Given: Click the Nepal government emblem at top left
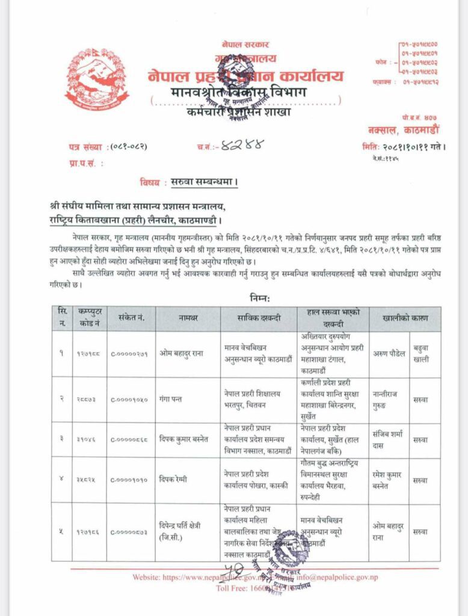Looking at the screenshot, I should pyautogui.click(x=96, y=78).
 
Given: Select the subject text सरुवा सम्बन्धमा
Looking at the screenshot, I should pyautogui.click(x=205, y=181).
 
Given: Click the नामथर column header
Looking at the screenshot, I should pyautogui.click(x=188, y=317).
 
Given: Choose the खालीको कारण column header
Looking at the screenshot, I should pyautogui.click(x=402, y=317).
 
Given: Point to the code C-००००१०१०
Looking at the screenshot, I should pyautogui.click(x=130, y=481).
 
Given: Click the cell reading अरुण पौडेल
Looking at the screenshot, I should pyautogui.click(x=385, y=354).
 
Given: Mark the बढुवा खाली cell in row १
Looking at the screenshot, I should pyautogui.click(x=425, y=354).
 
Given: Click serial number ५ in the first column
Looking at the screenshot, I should pyautogui.click(x=61, y=531).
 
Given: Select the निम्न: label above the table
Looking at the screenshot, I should pyautogui.click(x=260, y=298).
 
